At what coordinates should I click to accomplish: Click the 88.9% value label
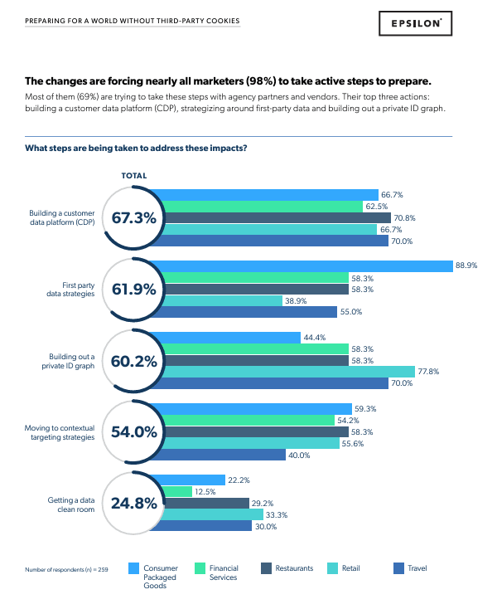pos(467,265)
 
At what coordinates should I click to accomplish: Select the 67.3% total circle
pos(133,218)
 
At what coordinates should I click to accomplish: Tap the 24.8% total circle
pos(133,503)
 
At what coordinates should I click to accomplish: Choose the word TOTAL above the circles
pos(134,176)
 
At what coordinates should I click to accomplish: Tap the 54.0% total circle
pos(133,431)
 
